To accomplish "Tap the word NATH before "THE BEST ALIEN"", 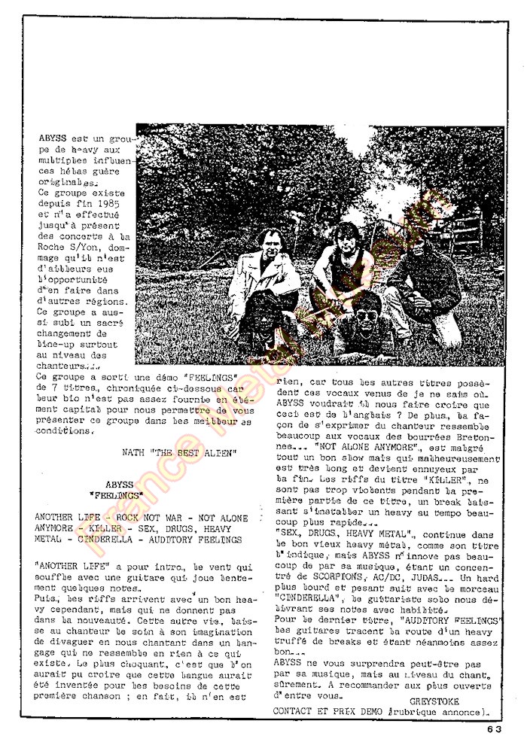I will (x=133, y=453).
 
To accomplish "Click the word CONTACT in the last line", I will (x=295, y=710).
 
